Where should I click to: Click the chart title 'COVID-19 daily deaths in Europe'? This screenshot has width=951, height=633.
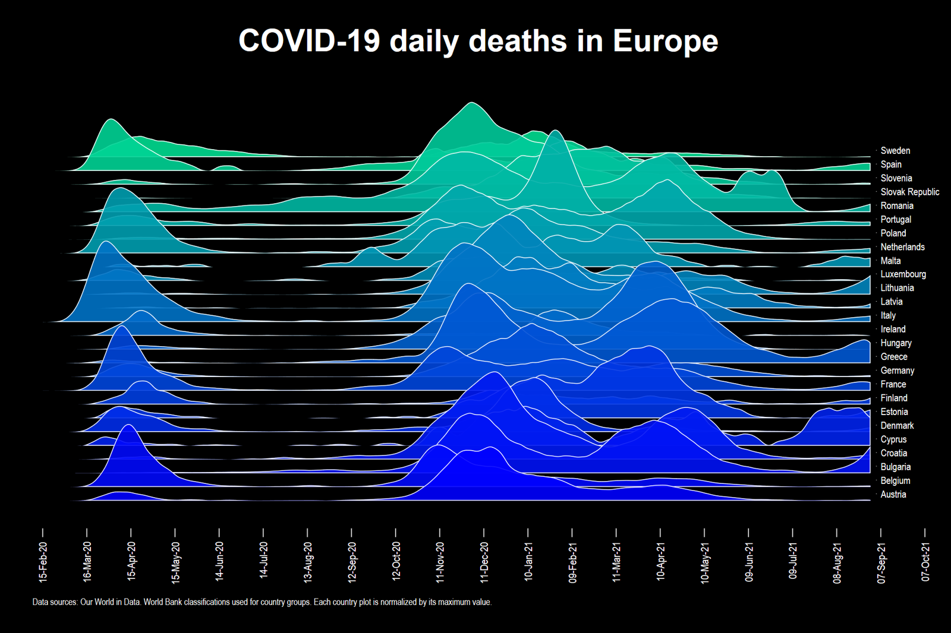(478, 41)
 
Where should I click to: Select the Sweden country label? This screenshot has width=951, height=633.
(895, 151)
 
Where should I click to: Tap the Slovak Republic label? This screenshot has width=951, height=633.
(909, 192)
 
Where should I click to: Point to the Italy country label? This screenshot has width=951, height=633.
(888, 315)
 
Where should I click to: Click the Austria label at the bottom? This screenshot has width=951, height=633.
(893, 494)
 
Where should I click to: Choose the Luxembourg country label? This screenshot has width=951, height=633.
(903, 274)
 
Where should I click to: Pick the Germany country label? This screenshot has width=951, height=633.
(897, 371)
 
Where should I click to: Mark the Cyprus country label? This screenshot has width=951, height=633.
(893, 439)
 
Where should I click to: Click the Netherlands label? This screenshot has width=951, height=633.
(902, 247)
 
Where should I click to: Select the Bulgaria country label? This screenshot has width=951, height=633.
(895, 467)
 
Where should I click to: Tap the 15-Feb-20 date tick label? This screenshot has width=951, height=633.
(43, 561)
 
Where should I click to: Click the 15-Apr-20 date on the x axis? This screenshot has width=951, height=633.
(131, 561)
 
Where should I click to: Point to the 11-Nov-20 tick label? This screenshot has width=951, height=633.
(440, 561)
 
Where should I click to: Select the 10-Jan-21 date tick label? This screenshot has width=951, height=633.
(528, 561)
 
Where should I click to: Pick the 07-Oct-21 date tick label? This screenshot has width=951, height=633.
(925, 561)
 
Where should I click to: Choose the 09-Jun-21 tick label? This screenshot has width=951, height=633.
(748, 561)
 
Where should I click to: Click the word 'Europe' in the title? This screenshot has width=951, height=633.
(665, 41)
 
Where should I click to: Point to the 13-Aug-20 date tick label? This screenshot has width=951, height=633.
(307, 561)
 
